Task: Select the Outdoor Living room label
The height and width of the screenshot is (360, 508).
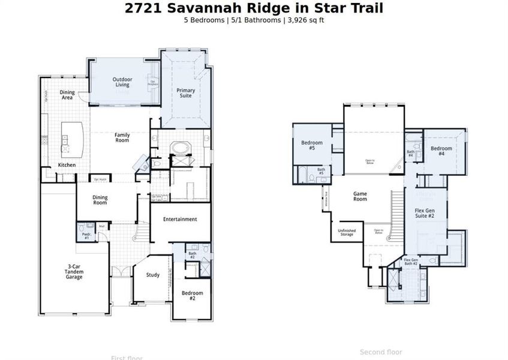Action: click(x=122, y=82)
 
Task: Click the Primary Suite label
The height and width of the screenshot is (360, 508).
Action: click(x=186, y=93)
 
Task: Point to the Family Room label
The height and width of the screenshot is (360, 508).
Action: click(x=122, y=137)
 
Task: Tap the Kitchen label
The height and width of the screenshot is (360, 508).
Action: click(x=67, y=165)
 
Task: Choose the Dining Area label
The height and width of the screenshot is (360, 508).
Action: click(x=67, y=95)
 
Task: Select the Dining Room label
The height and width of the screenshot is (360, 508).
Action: click(x=100, y=200)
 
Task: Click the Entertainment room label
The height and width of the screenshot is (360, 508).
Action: click(x=180, y=220)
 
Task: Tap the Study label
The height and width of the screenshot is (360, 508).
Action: click(x=153, y=275)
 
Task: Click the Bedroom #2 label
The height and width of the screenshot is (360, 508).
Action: click(x=193, y=295)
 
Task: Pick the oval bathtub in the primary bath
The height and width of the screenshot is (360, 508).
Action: click(x=179, y=148)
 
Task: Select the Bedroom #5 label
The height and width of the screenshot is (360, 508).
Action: click(x=312, y=145)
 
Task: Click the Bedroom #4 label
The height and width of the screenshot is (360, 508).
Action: click(x=441, y=151)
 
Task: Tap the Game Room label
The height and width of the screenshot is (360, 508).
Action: click(x=360, y=197)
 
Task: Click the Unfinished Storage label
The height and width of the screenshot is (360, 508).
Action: click(x=347, y=232)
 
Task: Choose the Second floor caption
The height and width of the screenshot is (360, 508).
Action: click(x=381, y=352)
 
